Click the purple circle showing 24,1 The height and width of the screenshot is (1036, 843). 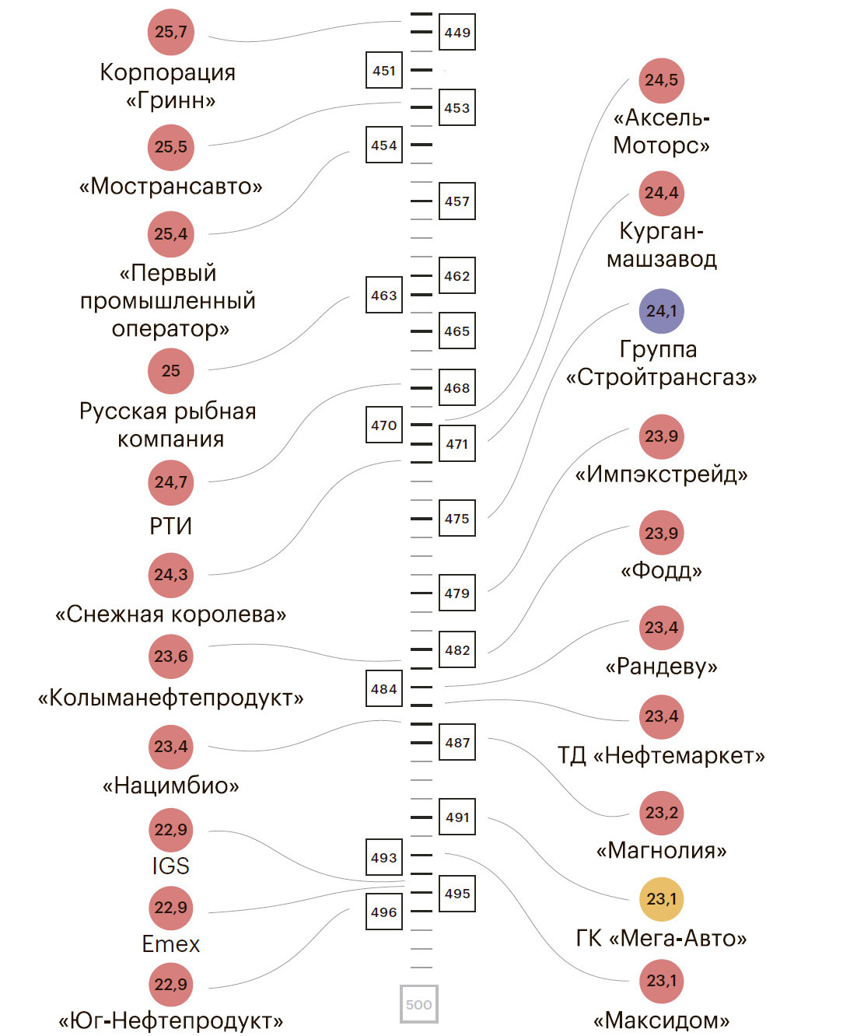tap(661, 311)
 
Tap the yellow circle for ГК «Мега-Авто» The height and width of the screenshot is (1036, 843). tap(661, 899)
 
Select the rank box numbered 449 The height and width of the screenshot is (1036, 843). tap(457, 33)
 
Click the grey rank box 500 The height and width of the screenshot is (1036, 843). tap(419, 1004)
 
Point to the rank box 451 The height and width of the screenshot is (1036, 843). tap(384, 71)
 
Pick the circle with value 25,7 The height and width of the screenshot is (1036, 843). tap(170, 32)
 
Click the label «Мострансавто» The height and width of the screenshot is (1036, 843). tap(170, 187)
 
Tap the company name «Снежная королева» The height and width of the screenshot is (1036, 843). tap(170, 614)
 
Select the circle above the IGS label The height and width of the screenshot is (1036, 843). tap(170, 830)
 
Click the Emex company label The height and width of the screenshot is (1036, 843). tap(170, 944)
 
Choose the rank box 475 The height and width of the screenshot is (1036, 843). tap(457, 519)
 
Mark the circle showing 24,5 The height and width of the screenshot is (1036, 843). tap(661, 80)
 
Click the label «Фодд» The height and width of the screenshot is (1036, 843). tap(661, 571)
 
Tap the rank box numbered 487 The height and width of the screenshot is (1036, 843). tap(457, 743)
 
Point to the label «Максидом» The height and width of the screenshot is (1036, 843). tap(661, 1020)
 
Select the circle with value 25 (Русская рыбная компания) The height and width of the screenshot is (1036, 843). tap(170, 371)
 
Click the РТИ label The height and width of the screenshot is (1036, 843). tap(170, 527)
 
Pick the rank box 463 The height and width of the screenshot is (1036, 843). tap(384, 296)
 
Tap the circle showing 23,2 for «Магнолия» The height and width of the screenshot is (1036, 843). tap(661, 813)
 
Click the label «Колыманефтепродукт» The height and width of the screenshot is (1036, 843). tap(170, 698)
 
